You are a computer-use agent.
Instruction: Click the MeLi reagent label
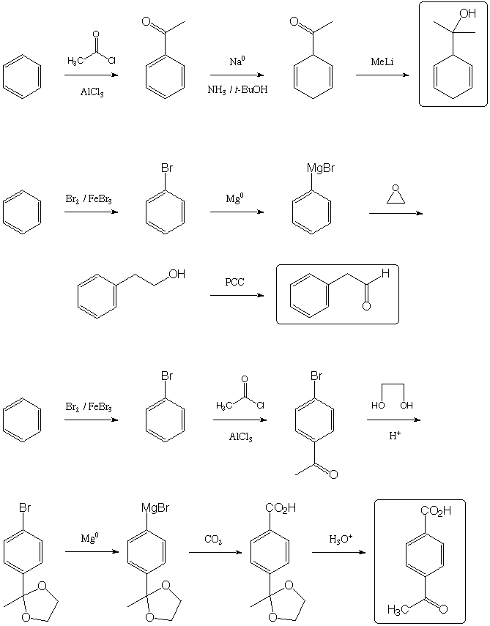382,62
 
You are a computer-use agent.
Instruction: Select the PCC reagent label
235,282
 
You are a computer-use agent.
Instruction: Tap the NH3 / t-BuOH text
236,90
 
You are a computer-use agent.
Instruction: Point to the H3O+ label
338,539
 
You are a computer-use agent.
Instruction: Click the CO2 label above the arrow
214,540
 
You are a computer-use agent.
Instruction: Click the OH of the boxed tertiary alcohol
467,14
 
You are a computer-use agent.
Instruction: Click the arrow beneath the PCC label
237,295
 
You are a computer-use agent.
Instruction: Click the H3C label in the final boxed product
399,610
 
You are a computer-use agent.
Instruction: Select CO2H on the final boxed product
436,511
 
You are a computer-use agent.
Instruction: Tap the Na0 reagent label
236,62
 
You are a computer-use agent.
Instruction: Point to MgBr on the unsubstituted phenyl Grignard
321,169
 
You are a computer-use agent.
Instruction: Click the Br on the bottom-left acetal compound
25,506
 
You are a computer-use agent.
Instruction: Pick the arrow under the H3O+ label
338,552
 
